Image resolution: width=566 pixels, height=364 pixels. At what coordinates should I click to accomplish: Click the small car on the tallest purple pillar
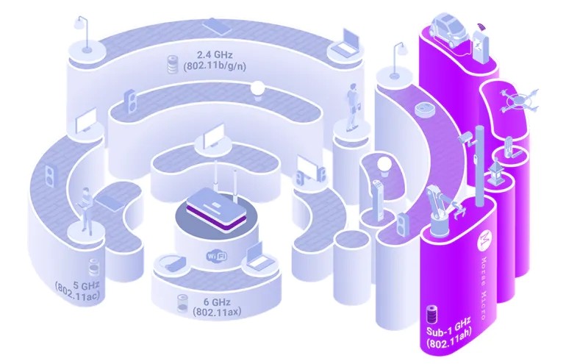click(x=448, y=29)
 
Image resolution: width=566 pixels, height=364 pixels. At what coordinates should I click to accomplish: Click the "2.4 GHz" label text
click(x=215, y=55)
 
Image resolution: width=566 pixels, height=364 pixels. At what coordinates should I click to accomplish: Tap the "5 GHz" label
click(x=86, y=286)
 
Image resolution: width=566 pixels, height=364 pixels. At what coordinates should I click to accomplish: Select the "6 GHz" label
click(x=216, y=301)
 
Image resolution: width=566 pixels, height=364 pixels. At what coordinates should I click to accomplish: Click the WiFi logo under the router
click(x=217, y=257)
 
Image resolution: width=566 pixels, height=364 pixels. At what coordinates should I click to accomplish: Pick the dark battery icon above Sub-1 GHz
click(x=431, y=314)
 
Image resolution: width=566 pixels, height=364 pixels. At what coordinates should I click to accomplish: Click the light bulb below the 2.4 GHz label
click(x=258, y=89)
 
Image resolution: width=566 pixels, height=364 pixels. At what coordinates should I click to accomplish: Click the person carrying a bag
click(x=352, y=107)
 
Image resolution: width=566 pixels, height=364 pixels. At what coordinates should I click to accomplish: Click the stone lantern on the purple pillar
click(x=494, y=172)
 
